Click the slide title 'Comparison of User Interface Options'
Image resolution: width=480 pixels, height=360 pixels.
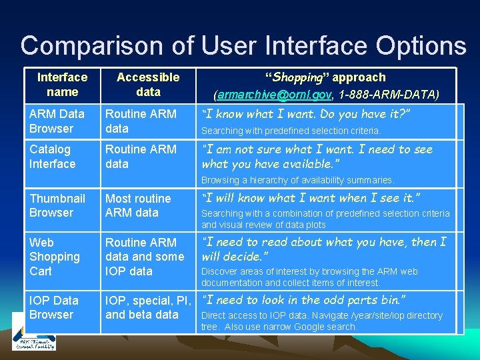(x=243, y=45)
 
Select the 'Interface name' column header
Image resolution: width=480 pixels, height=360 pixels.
(x=62, y=85)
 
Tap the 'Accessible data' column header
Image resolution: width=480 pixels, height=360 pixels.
(x=148, y=85)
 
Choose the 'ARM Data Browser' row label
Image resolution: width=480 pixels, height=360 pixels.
(x=57, y=121)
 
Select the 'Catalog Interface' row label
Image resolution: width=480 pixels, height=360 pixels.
(x=53, y=156)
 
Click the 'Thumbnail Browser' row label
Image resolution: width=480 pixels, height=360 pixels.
(x=57, y=205)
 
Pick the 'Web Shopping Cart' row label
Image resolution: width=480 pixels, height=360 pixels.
(x=55, y=257)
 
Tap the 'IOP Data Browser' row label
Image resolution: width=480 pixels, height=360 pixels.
(x=54, y=307)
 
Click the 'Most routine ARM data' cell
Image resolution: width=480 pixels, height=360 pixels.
(x=138, y=205)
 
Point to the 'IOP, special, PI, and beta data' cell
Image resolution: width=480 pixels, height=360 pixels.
(x=148, y=307)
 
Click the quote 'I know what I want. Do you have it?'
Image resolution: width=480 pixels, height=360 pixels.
(x=305, y=114)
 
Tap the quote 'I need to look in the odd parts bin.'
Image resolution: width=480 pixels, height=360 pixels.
(x=303, y=300)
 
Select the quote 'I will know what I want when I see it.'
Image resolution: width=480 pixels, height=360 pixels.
(x=310, y=197)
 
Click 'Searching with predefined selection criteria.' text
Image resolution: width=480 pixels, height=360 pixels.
(x=291, y=131)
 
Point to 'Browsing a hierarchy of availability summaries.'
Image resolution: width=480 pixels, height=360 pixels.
(x=297, y=180)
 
